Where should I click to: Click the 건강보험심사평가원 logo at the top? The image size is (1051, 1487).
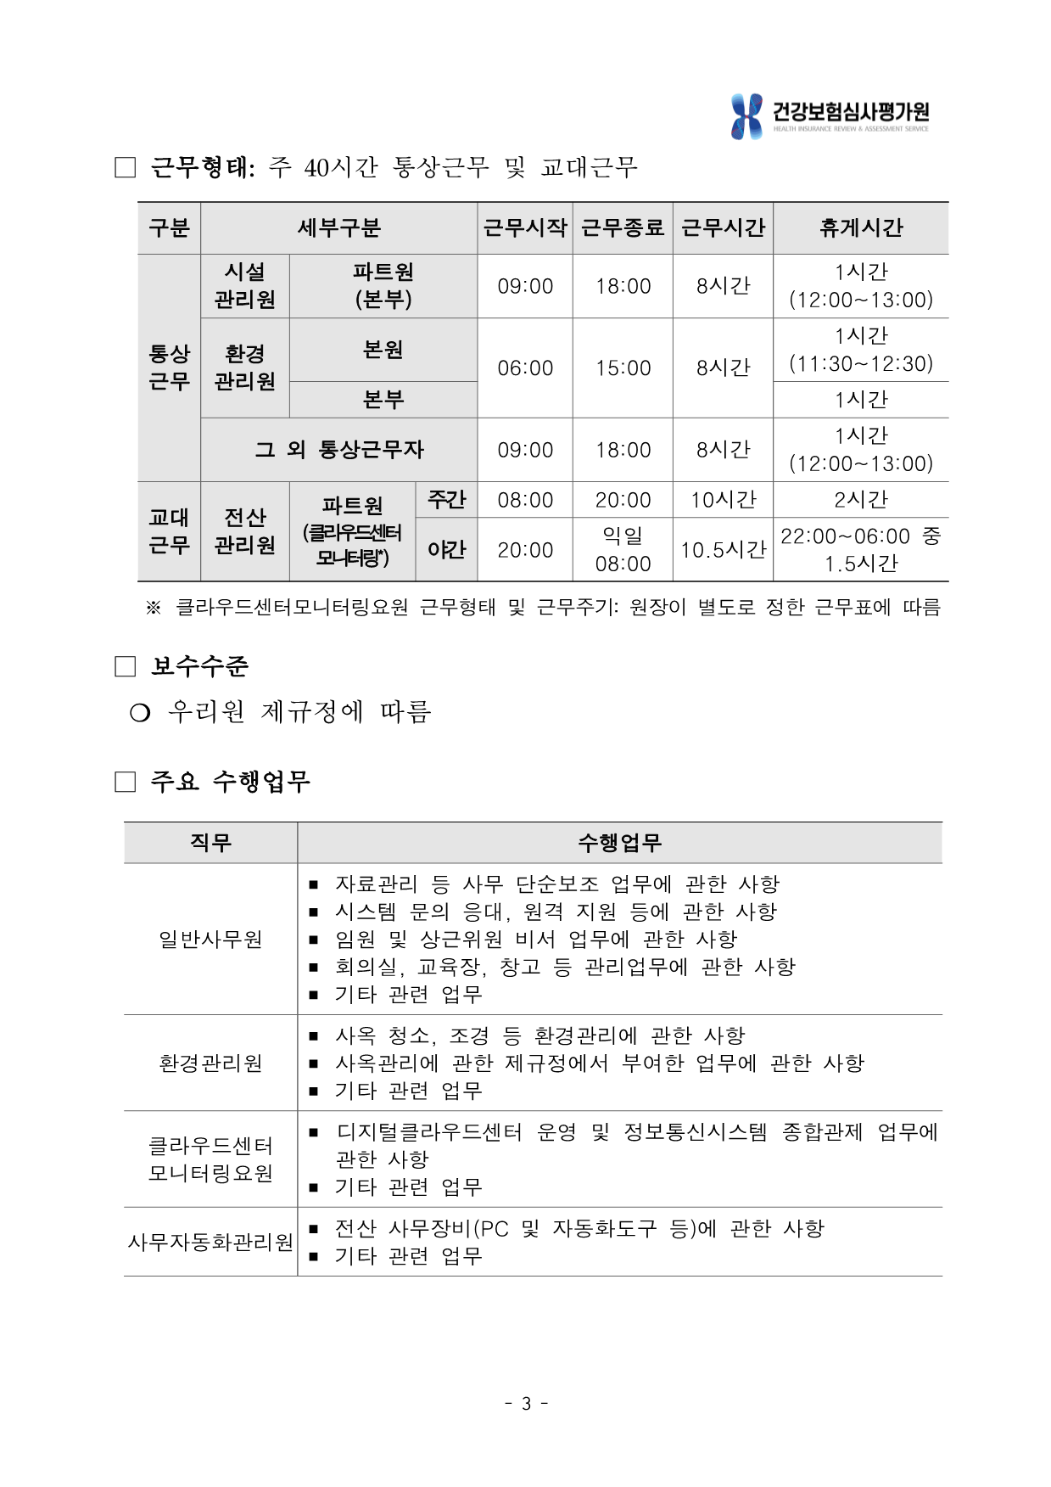[x=830, y=116]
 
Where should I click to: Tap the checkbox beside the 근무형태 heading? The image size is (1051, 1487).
[x=126, y=168]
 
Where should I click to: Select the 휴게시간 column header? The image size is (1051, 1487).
[x=860, y=228]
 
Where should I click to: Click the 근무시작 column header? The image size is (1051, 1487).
[x=525, y=228]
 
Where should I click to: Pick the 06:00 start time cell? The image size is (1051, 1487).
[x=525, y=368]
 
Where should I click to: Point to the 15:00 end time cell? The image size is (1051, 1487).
[x=623, y=368]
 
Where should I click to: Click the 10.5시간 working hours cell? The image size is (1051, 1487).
[x=723, y=550]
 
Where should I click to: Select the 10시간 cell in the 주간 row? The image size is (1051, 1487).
[x=723, y=500]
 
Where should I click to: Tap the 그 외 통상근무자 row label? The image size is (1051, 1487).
[x=338, y=450]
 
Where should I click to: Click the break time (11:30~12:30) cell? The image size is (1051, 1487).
[x=860, y=350]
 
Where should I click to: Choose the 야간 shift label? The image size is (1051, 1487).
[x=446, y=550]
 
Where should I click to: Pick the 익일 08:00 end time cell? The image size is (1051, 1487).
[x=623, y=550]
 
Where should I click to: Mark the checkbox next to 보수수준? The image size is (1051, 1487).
[x=126, y=667]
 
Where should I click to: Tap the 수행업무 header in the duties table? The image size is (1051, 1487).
[x=619, y=843]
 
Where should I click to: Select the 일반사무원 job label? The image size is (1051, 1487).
[x=210, y=940]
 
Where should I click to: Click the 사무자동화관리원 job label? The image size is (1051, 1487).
[x=210, y=1243]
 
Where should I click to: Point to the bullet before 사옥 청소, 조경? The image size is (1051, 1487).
[x=314, y=1036]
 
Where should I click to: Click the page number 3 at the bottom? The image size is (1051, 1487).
[x=526, y=1404]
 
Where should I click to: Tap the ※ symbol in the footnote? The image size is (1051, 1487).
[x=154, y=608]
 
